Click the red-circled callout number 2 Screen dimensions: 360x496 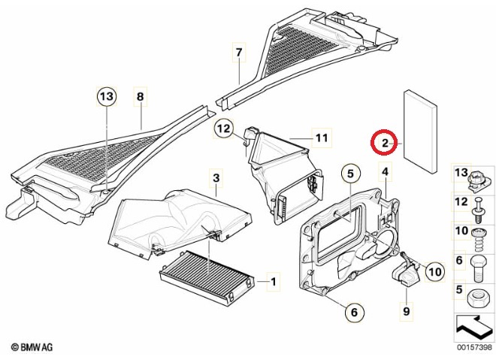point(384,142)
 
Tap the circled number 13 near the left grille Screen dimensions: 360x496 point(107,96)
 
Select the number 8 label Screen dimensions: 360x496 point(139,96)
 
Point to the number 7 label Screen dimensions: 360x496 point(239,53)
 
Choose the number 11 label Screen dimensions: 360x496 point(322,138)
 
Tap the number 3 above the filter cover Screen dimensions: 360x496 point(216,178)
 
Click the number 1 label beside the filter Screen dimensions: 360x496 point(274,283)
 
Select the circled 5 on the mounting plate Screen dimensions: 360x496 point(349,174)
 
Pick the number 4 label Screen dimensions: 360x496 point(385,172)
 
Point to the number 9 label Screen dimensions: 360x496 point(406,310)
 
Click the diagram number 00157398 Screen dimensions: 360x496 point(473,347)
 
